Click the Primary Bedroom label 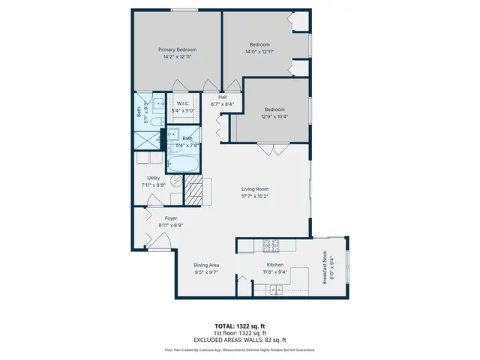coord(176,49)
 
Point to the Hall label coord(222,97)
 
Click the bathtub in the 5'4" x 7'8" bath coord(182,163)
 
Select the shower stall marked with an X coord(145,140)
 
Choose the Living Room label coord(254,189)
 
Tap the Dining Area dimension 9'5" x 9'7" coord(206,272)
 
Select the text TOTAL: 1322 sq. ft coord(239,326)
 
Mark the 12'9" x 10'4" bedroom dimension coord(274,116)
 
